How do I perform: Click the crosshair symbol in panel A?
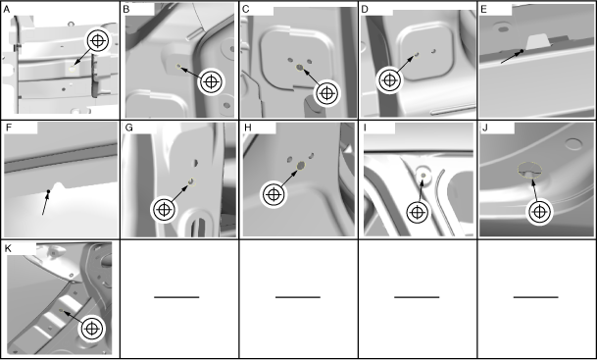tap(98, 41)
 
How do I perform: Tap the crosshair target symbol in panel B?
tap(212, 81)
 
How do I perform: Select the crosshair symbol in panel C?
tap(326, 93)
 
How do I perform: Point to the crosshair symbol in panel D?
tap(389, 80)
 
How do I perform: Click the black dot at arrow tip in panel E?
tap(522, 51)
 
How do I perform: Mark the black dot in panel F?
tap(48, 191)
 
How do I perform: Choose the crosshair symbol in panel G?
tap(164, 209)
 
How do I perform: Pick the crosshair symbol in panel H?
tap(274, 194)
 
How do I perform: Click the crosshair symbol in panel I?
tap(418, 212)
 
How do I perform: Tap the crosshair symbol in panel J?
tap(539, 212)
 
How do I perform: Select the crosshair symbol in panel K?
tap(92, 329)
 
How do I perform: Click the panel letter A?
tap(7, 10)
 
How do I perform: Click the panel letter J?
tap(484, 128)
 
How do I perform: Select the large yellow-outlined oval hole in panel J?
tap(529, 170)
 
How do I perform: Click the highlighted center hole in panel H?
tap(300, 166)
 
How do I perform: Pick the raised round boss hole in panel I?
tap(423, 175)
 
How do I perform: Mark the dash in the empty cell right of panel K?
tap(176, 297)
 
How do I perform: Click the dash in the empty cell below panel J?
tap(536, 297)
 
